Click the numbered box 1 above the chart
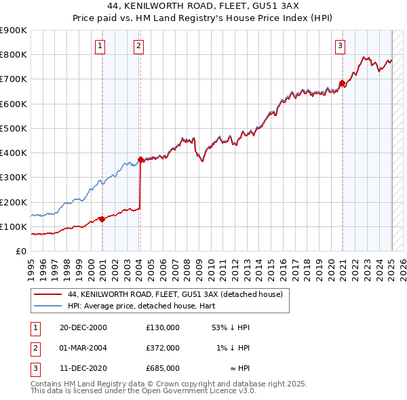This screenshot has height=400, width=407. coord(100,46)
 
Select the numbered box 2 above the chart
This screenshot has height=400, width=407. coord(138,46)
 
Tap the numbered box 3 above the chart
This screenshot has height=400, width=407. coord(340,46)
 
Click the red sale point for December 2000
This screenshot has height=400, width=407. coord(102,219)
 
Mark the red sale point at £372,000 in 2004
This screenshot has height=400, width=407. coord(140,160)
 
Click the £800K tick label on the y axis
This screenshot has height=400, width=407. coord(14,55)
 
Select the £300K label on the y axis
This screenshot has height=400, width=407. coord(14,178)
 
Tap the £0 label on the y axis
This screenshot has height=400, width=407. coord(20,251)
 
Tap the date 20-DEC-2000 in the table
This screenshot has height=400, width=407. coord(83,327)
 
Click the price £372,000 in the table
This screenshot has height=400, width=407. coord(162,348)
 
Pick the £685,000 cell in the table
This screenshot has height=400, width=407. coord(162,368)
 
